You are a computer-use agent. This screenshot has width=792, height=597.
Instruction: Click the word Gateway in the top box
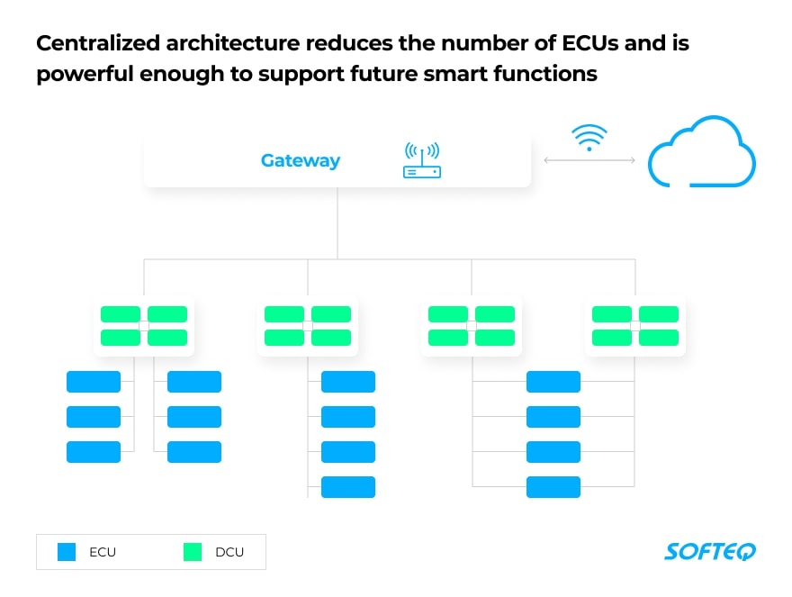pyautogui.click(x=301, y=161)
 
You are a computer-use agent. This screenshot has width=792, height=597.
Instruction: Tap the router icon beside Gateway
pyautogui.click(x=421, y=160)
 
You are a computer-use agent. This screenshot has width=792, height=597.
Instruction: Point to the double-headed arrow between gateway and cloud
pyautogui.click(x=589, y=160)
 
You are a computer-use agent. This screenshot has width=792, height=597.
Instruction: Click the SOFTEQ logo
pyautogui.click(x=710, y=551)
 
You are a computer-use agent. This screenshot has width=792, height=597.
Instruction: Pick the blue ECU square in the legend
pyautogui.click(x=67, y=551)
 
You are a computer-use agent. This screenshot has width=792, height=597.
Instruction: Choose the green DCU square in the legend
pyautogui.click(x=193, y=551)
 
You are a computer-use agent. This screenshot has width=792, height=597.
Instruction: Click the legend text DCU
pyautogui.click(x=229, y=552)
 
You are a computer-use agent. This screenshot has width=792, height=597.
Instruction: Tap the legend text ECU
pyautogui.click(x=103, y=552)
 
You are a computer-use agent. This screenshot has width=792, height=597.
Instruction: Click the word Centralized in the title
pyautogui.click(x=100, y=42)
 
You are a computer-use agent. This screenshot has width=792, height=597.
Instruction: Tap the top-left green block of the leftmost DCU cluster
pyautogui.click(x=120, y=314)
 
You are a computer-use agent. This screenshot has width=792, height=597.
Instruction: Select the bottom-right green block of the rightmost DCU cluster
pyautogui.click(x=659, y=338)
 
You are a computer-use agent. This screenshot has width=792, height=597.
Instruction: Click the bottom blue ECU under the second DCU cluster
pyautogui.click(x=348, y=487)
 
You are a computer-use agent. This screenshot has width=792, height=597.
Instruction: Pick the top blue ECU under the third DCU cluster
pyautogui.click(x=553, y=382)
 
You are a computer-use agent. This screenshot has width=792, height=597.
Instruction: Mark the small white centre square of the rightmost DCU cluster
pyautogui.click(x=635, y=326)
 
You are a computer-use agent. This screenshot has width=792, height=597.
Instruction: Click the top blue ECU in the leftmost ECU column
pyautogui.click(x=94, y=382)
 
